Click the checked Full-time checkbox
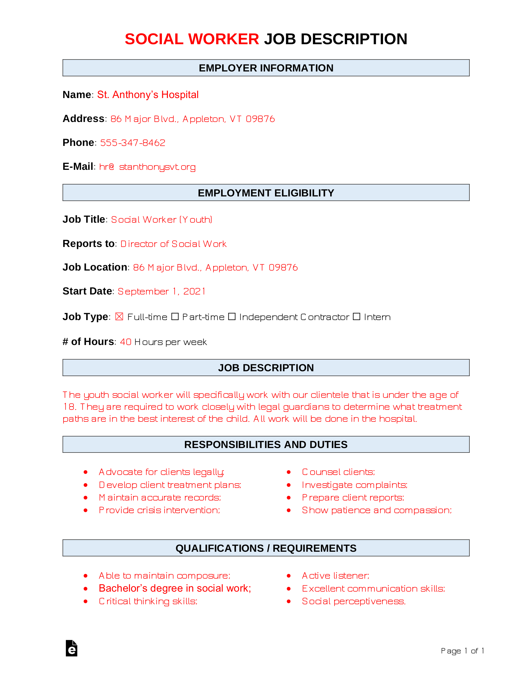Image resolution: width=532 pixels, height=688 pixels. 119,317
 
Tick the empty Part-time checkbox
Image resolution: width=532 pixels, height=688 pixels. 175,317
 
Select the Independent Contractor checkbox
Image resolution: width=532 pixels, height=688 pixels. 232,317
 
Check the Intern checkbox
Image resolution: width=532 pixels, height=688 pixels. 356,317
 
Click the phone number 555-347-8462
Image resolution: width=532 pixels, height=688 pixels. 133,143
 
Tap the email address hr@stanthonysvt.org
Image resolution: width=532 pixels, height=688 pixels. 147,167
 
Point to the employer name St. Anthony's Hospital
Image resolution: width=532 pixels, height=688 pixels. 148,95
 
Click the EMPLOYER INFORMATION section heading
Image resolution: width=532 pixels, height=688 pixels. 266,68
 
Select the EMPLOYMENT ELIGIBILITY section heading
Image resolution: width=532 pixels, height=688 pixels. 266,193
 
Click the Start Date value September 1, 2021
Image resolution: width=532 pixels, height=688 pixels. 161,291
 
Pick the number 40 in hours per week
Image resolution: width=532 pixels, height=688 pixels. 126,342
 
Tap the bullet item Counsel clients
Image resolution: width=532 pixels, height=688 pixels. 338,472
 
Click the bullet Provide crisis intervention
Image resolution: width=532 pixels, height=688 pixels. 159,510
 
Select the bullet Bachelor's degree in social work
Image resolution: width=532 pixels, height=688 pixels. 175,588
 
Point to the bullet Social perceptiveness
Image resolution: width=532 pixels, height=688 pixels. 353,601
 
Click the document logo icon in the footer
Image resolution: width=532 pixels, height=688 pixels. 71,648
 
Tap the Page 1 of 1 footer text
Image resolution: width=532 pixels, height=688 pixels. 462,651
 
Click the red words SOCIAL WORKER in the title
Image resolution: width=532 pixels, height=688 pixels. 192,39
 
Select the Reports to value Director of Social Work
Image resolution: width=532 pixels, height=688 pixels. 173,244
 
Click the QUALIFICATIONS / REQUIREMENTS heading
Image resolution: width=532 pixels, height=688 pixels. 266,548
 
